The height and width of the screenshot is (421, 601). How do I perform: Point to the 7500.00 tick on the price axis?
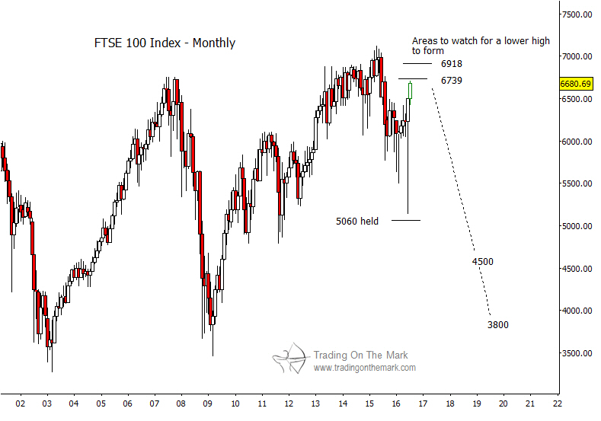click(x=577, y=14)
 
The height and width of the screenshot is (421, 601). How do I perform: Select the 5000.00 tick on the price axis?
click(x=577, y=226)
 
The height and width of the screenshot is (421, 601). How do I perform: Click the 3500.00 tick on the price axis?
click(x=577, y=353)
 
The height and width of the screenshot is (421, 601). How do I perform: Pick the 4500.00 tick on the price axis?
click(x=577, y=269)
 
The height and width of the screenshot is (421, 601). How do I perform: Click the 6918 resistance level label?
click(x=451, y=64)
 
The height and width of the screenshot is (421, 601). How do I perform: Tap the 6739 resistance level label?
click(x=451, y=80)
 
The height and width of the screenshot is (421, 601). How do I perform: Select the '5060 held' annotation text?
click(x=357, y=222)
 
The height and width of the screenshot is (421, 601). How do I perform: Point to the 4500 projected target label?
click(x=482, y=262)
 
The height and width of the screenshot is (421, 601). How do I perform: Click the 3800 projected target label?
click(x=497, y=325)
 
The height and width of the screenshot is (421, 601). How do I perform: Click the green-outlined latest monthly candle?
click(x=411, y=90)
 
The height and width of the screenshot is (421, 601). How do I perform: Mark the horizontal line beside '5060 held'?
click(x=406, y=221)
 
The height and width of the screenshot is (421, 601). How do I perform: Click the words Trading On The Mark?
click(x=360, y=355)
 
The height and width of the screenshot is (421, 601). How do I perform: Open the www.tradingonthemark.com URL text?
click(x=364, y=368)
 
